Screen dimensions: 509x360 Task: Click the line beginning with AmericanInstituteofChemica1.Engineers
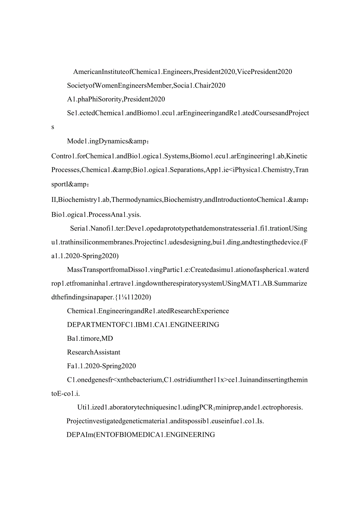182,72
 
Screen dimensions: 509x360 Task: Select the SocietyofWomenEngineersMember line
146,85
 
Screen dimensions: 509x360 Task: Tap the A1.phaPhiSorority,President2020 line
116,99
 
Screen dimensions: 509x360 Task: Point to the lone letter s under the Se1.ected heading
53,127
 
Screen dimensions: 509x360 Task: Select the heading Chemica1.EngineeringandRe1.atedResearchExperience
148,311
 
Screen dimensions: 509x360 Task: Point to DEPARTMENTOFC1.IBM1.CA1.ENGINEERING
143,325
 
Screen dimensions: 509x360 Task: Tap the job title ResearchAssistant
94,352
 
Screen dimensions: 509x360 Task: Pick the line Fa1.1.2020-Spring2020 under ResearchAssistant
101,366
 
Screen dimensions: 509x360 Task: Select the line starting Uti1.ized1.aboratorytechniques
190,407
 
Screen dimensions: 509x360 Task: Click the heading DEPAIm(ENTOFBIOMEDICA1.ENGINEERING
141,435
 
